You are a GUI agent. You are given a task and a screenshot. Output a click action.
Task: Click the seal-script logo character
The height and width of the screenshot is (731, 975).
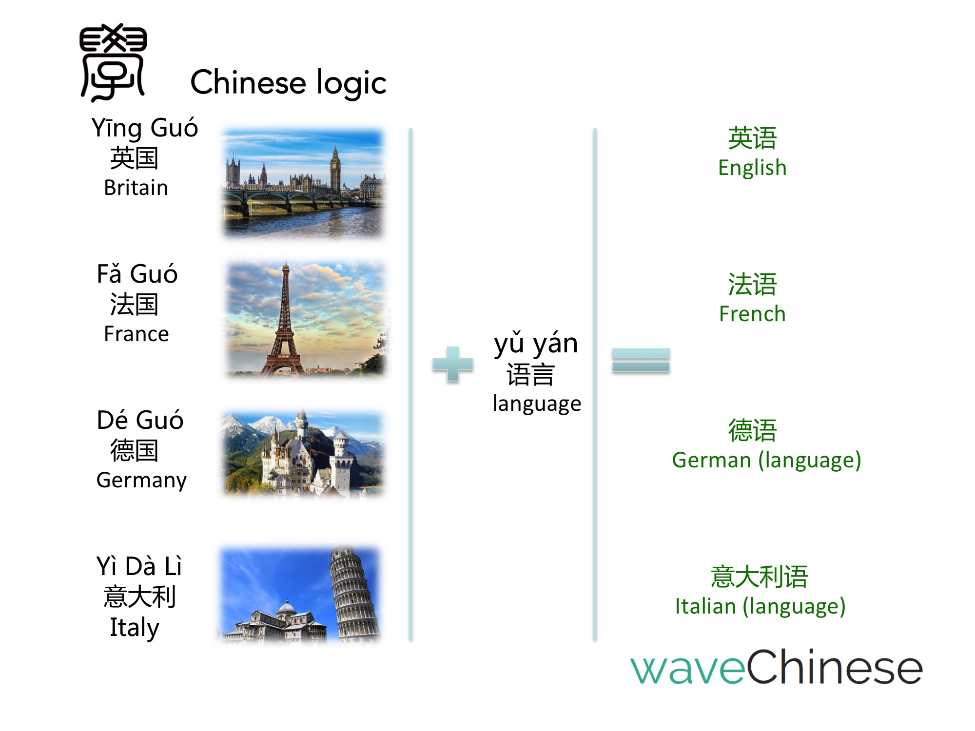tap(113, 62)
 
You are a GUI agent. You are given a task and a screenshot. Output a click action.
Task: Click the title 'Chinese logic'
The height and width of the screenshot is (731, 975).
tap(288, 83)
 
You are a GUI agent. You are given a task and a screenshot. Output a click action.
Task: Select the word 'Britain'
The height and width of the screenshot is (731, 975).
tap(136, 188)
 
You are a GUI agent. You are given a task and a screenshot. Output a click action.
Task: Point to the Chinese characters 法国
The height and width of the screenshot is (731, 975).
tap(134, 305)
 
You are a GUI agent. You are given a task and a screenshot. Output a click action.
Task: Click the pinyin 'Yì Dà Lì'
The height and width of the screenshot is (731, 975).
tap(139, 566)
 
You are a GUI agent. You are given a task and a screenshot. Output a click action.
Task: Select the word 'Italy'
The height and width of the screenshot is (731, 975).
tap(135, 628)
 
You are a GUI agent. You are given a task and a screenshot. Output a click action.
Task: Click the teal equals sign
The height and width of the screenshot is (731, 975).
tap(641, 361)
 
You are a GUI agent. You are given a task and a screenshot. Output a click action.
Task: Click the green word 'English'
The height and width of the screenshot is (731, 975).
tap(752, 168)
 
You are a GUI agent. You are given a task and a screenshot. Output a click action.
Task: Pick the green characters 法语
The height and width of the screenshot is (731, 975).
tap(752, 285)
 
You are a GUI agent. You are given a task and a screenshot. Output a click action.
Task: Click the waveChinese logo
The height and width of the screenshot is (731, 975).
tap(777, 667)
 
